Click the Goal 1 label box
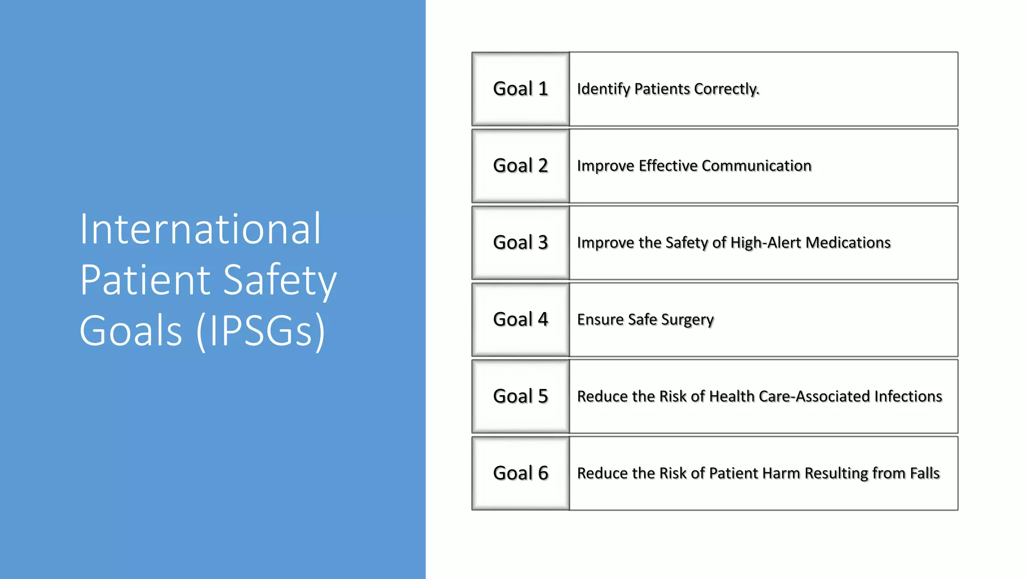pyautogui.click(x=521, y=89)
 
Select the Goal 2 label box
pyautogui.click(x=521, y=166)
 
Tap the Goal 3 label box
pyautogui.click(x=521, y=243)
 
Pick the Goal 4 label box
pyautogui.click(x=521, y=320)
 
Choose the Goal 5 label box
pyautogui.click(x=521, y=397)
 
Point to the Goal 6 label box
pyautogui.click(x=521, y=473)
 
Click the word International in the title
pyautogui.click(x=200, y=229)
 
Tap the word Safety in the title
pyautogui.click(x=280, y=280)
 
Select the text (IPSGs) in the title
pyautogui.click(x=261, y=331)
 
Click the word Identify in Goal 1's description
pyautogui.click(x=603, y=89)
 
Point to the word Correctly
pyautogui.click(x=727, y=89)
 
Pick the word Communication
pyautogui.click(x=756, y=166)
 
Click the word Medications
pyautogui.click(x=848, y=243)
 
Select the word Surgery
pyautogui.click(x=687, y=320)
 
